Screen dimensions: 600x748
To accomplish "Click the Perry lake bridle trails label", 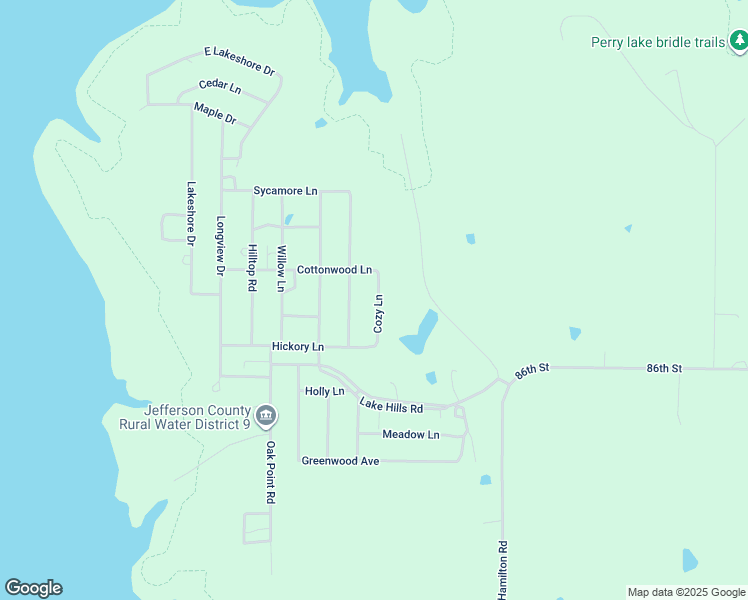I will (x=657, y=42).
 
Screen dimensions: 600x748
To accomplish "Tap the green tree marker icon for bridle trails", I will (x=738, y=41).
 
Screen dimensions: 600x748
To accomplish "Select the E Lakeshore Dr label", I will (x=239, y=60).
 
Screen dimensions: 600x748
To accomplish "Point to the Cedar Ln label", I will (x=220, y=87).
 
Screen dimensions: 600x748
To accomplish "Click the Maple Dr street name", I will (x=215, y=114).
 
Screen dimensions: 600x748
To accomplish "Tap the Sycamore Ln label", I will (x=285, y=190).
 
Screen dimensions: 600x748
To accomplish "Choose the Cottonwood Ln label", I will (x=334, y=270).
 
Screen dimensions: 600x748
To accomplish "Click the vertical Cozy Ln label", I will (x=378, y=313).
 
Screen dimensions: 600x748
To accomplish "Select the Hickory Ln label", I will (x=298, y=346).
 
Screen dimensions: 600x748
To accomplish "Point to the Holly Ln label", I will (x=324, y=391).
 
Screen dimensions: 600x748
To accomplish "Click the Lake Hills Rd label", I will (x=391, y=406).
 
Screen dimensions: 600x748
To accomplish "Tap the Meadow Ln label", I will (x=410, y=434).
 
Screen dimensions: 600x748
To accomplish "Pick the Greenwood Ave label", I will (x=340, y=461).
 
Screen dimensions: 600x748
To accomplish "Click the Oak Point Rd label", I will (x=270, y=472).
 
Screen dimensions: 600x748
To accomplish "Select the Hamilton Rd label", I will (x=503, y=571).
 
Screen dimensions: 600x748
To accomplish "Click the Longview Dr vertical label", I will (x=221, y=246).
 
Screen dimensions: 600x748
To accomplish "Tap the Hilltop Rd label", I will (x=252, y=267).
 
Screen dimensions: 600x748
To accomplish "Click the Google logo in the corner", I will (x=33, y=588).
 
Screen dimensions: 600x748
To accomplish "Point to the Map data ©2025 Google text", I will (x=685, y=592).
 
